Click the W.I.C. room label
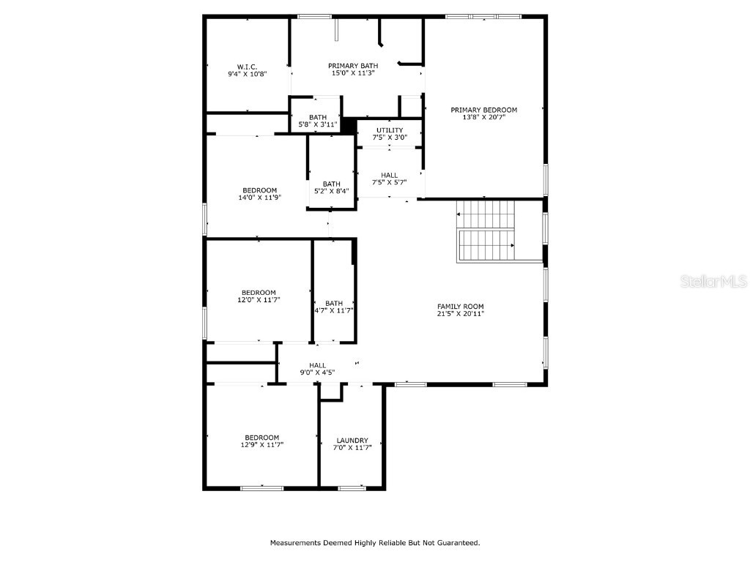[x=247, y=66]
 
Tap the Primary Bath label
[x=353, y=66]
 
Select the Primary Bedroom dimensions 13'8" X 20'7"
[x=483, y=117]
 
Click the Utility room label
[x=389, y=130]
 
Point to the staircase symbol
[x=486, y=231]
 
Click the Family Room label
[x=460, y=307]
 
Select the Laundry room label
[x=352, y=441]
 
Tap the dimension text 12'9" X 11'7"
[x=261, y=445]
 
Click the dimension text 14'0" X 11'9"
[x=259, y=198]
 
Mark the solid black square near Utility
[x=349, y=124]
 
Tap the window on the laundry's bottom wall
[x=352, y=488]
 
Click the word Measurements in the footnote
[x=295, y=543]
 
